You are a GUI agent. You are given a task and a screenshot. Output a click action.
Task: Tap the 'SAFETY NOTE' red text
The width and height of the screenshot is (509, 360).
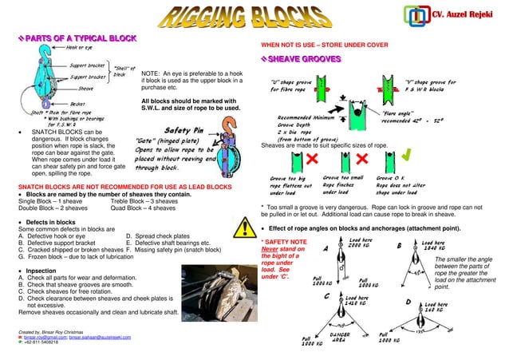tap(285, 240)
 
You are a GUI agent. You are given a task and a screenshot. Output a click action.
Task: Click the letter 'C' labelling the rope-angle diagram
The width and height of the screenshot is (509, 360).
tap(327, 295)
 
